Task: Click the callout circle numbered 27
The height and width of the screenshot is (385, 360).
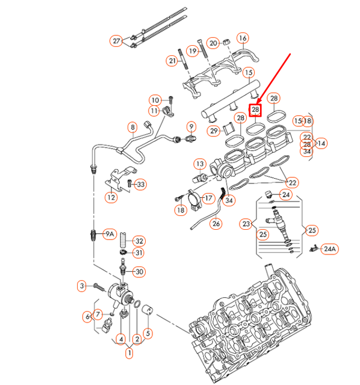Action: [x=117, y=41]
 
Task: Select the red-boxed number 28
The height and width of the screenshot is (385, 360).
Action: [x=255, y=110]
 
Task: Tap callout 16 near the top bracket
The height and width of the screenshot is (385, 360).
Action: [x=242, y=39]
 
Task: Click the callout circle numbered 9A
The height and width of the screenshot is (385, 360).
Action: [x=110, y=235]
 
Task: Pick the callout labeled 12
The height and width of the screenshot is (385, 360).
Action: [x=111, y=196]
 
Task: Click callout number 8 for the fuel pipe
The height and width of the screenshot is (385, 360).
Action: [x=132, y=127]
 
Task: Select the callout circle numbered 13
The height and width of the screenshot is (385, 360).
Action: [x=199, y=164]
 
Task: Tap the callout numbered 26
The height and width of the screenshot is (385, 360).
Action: [x=216, y=224]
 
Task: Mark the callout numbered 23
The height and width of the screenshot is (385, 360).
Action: [x=246, y=224]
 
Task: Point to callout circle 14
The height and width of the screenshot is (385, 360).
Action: [x=321, y=143]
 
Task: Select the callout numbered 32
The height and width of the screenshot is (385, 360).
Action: [x=138, y=241]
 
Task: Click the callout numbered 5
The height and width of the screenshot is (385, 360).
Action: [x=147, y=333]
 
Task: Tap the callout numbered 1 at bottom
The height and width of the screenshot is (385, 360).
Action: [x=129, y=354]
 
